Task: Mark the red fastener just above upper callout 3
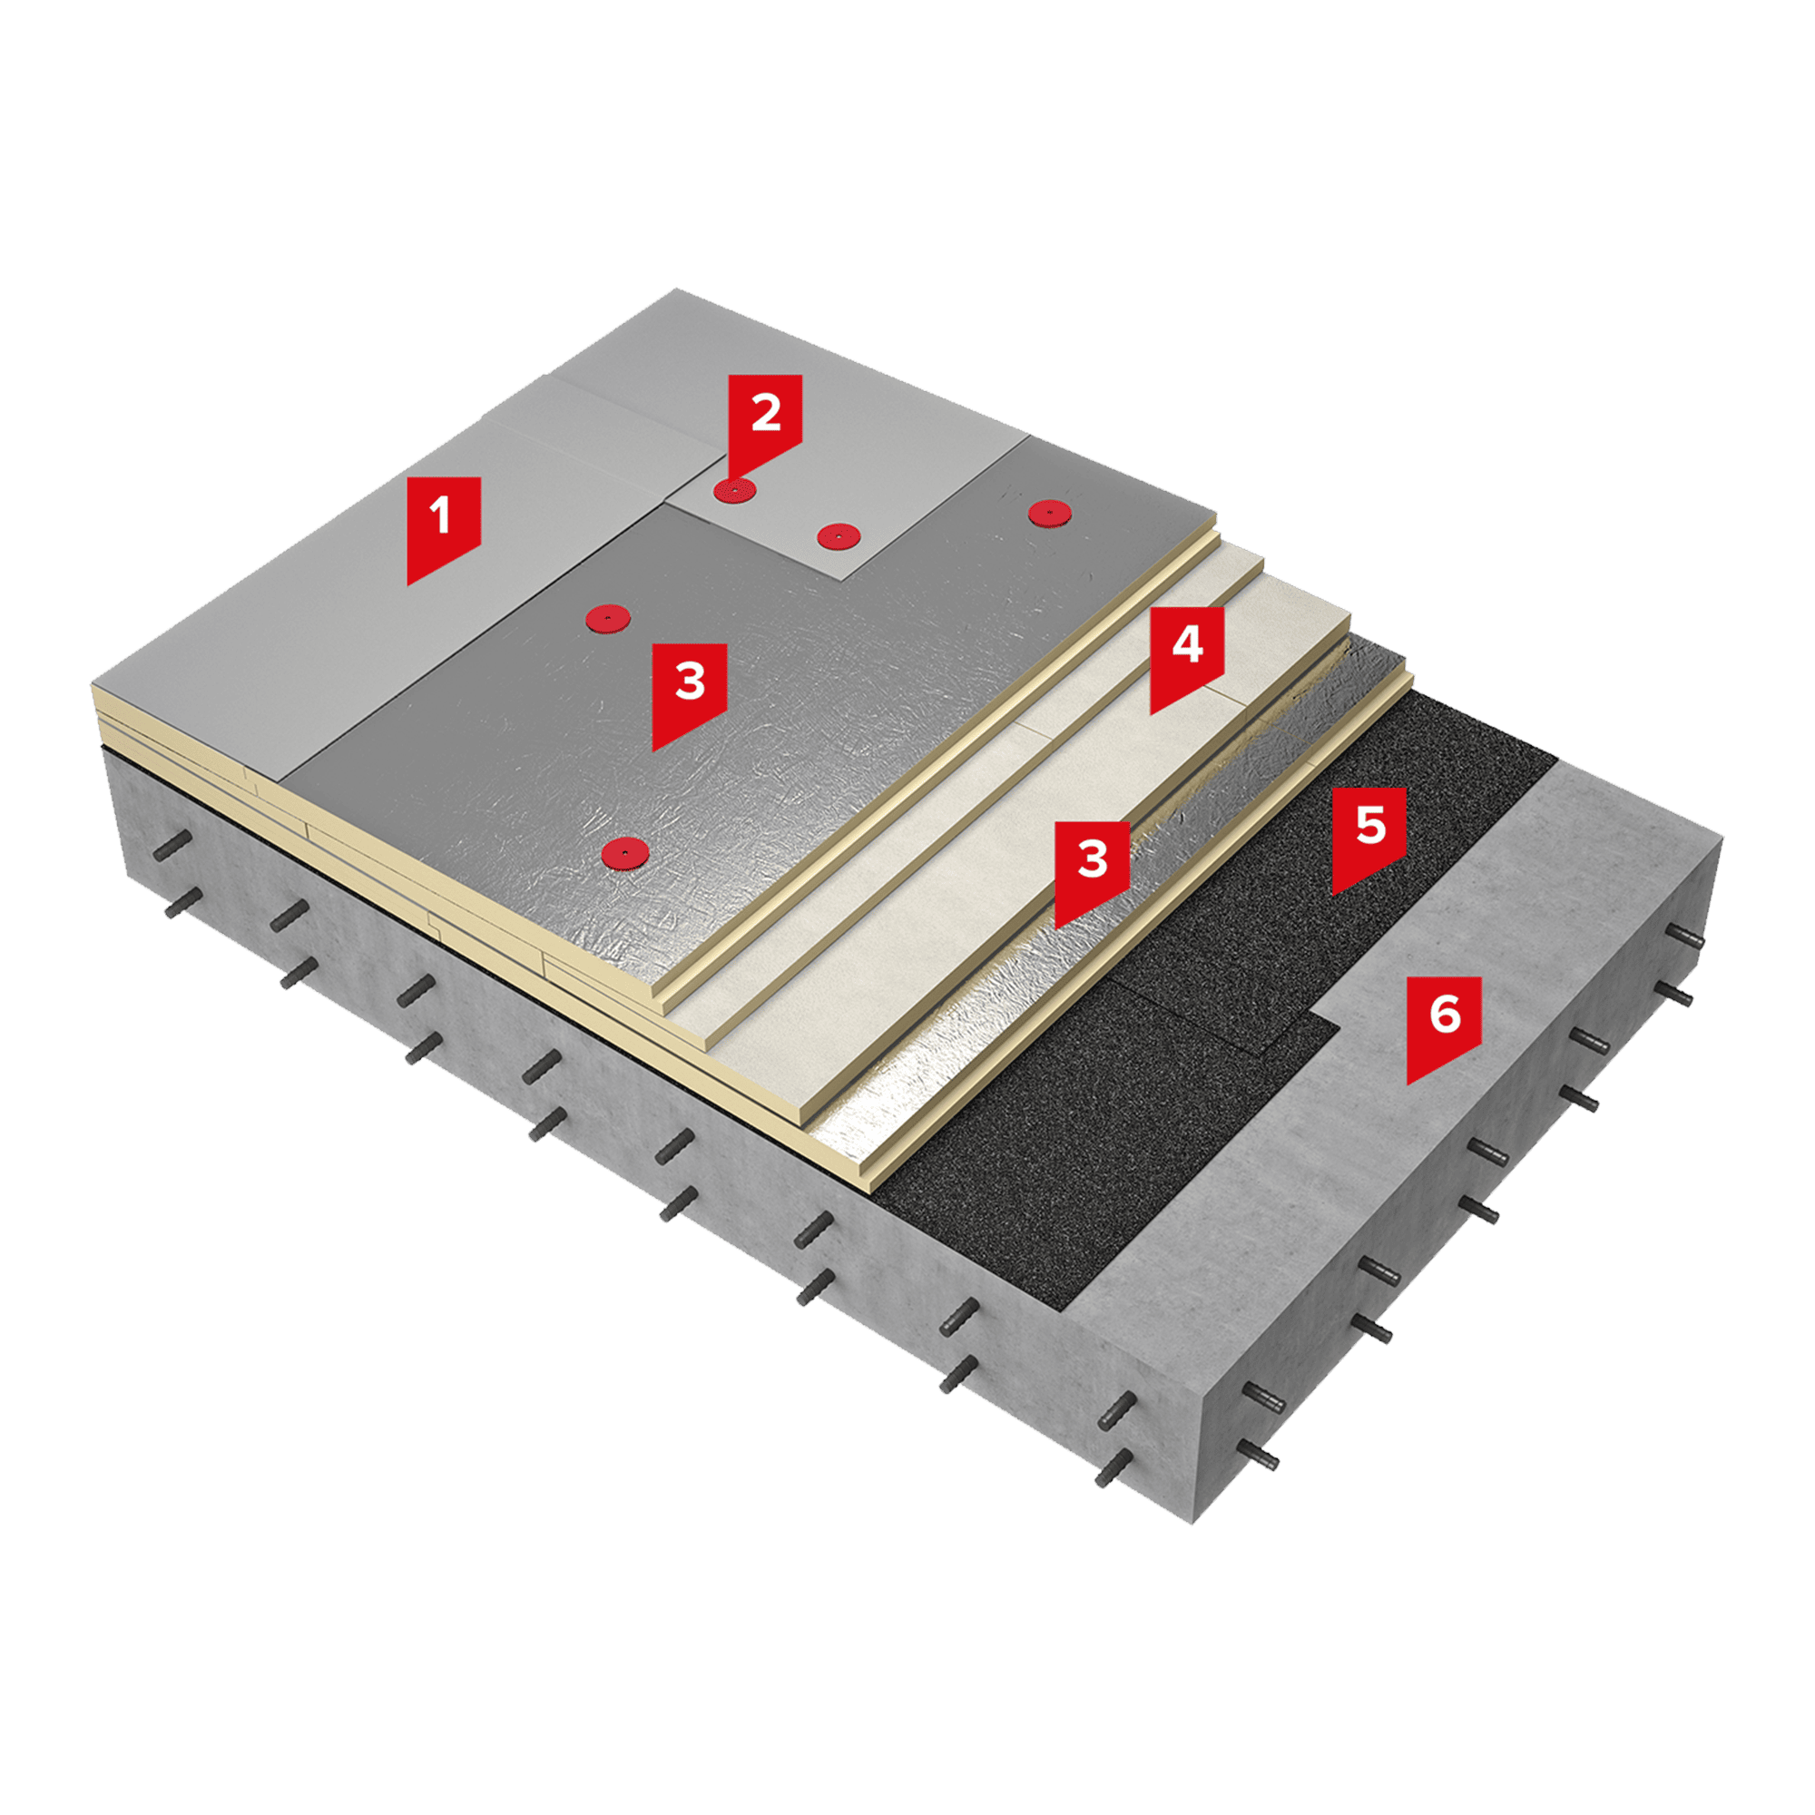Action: pos(608,617)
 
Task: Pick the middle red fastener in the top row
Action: pos(839,536)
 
